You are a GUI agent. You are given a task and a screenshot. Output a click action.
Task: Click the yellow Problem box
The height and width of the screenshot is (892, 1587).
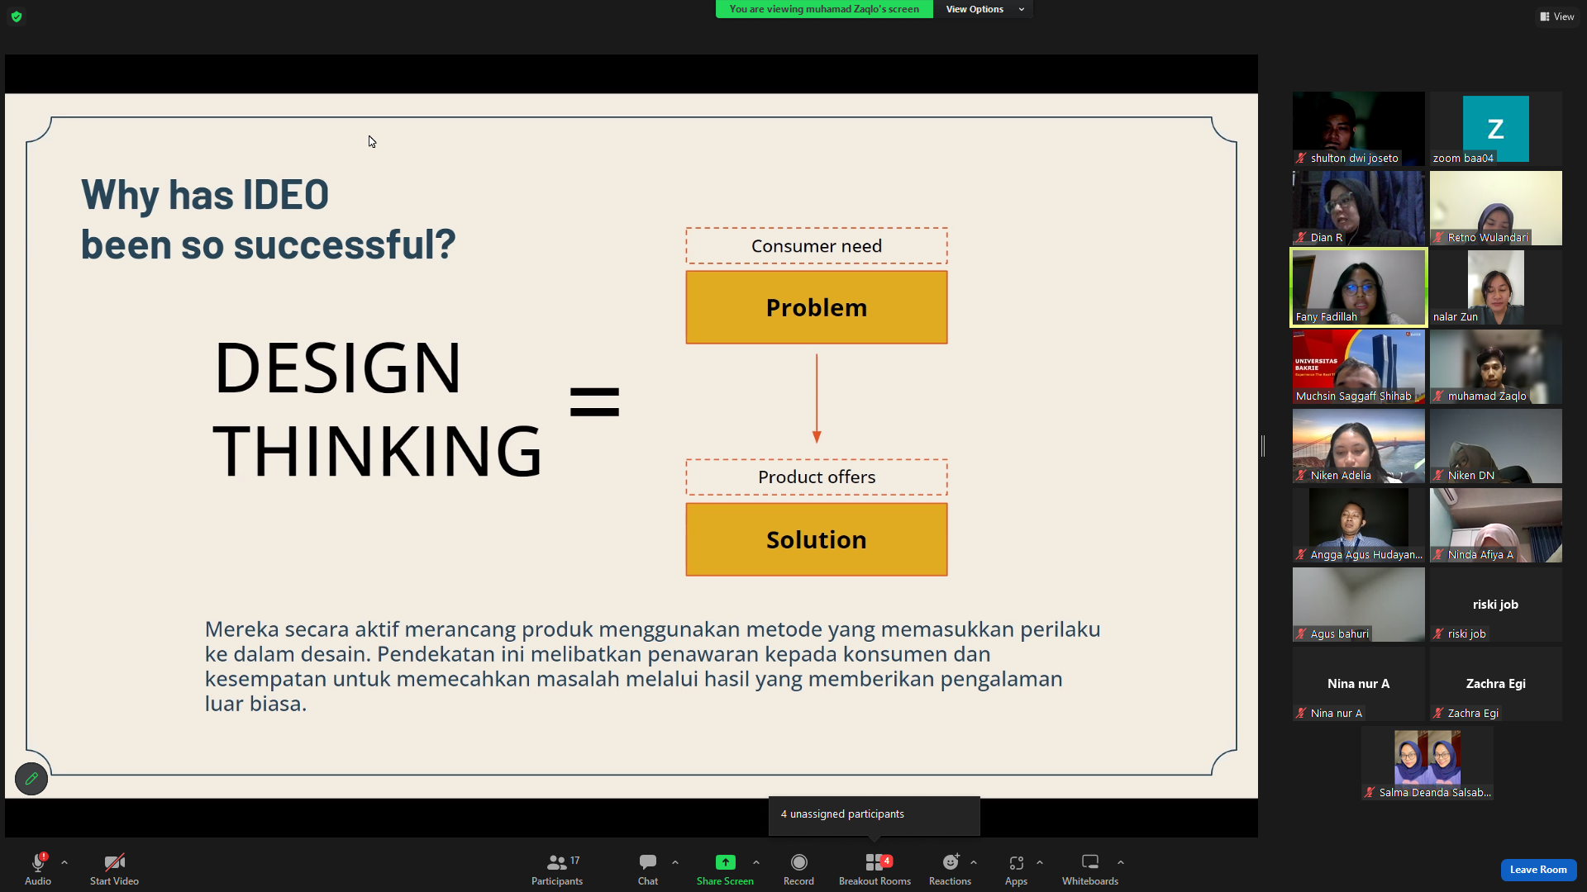(817, 307)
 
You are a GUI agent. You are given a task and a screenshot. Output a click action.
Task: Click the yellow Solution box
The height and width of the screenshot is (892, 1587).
(817, 539)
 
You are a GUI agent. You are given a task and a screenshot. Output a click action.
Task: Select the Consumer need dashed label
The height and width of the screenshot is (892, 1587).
(817, 246)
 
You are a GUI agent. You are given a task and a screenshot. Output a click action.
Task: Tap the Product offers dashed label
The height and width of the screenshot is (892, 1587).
(817, 477)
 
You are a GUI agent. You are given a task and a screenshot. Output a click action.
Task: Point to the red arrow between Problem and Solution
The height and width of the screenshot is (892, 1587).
(817, 399)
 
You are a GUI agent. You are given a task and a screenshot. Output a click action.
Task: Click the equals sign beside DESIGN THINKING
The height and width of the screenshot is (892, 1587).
(594, 402)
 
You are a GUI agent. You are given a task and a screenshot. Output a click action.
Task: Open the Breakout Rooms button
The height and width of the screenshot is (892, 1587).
(875, 869)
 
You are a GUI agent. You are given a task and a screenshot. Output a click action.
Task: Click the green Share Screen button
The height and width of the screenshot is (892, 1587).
(725, 869)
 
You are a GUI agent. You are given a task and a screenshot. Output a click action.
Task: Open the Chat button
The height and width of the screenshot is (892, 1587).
(648, 869)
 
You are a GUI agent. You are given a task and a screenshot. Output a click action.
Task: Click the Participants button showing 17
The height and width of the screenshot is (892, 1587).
(557, 869)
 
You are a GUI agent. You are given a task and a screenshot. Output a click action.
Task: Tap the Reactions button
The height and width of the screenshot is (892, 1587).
(950, 869)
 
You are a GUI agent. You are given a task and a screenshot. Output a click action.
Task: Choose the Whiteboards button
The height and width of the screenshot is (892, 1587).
(1090, 869)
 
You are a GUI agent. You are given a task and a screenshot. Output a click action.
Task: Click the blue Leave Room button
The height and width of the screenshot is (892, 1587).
(1538, 870)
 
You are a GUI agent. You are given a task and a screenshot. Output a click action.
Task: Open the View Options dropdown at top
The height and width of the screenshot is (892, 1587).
(984, 9)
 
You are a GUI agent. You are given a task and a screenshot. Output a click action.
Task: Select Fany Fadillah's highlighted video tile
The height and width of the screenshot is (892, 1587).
(1359, 287)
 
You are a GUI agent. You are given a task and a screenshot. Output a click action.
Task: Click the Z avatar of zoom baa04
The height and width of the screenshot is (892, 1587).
(1495, 129)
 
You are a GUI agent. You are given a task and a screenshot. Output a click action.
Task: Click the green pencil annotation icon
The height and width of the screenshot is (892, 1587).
(31, 779)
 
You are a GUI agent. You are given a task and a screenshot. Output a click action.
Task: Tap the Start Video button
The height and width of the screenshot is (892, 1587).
(114, 869)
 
